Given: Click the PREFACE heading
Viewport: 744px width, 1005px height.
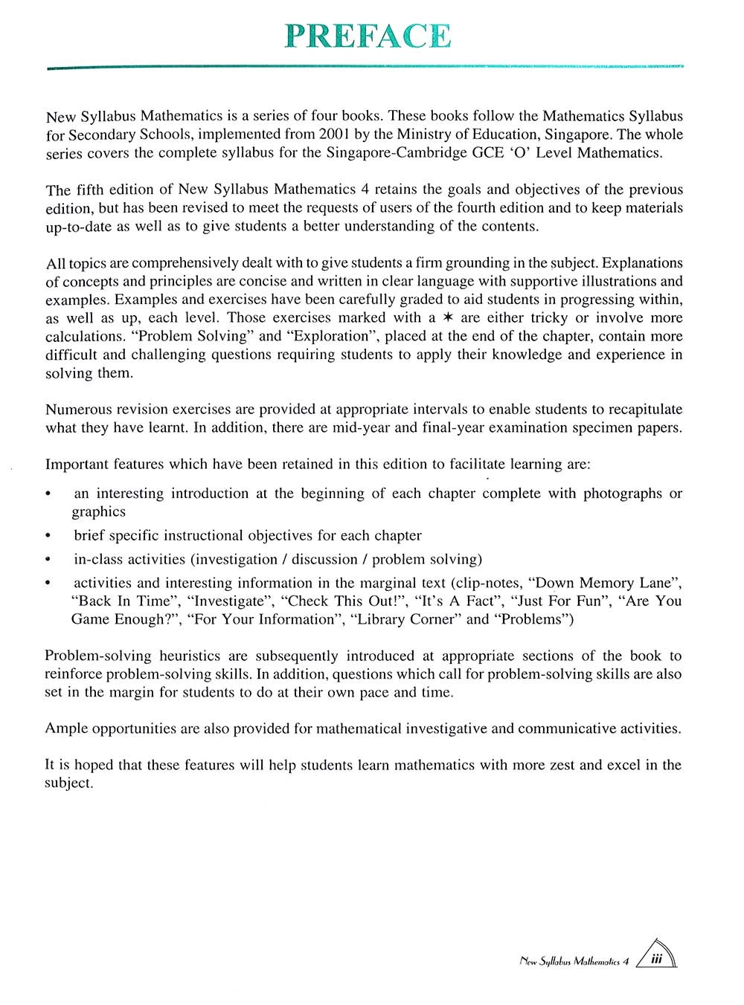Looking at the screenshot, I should click(368, 36).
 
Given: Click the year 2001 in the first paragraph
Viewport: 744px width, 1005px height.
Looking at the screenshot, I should click(334, 135).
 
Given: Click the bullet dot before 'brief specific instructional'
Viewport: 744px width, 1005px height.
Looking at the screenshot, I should click(48, 536).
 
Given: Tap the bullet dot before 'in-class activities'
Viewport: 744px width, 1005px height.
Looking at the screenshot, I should click(48, 560).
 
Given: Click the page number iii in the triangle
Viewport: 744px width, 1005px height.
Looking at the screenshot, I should click(656, 960).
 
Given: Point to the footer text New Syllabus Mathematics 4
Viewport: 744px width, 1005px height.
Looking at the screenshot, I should click(574, 961).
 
